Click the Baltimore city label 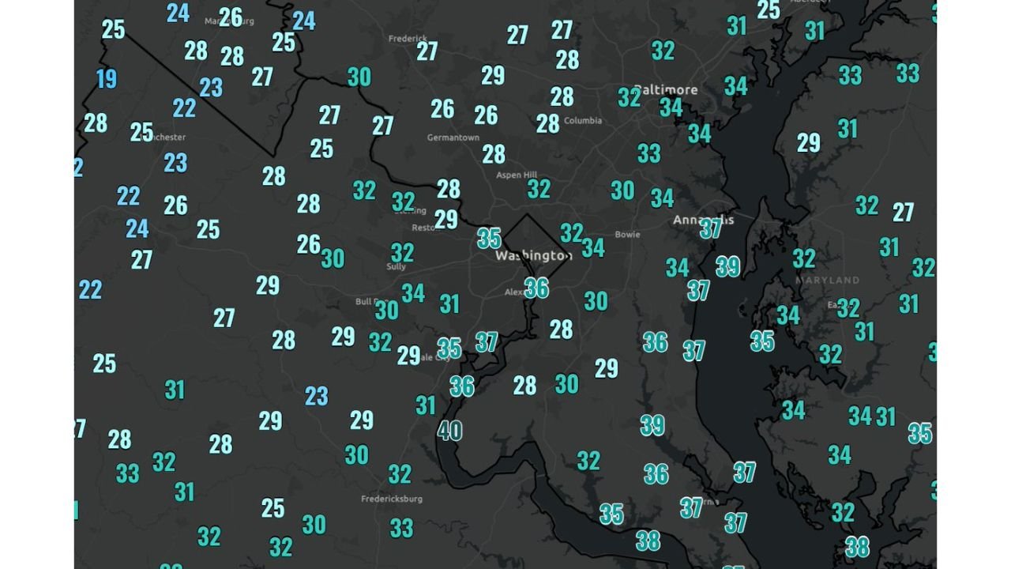(666, 90)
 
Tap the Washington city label (533, 256)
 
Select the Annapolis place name (703, 220)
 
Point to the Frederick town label (408, 38)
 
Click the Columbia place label (583, 121)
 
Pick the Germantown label (453, 138)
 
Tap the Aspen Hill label (517, 175)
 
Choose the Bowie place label (627, 235)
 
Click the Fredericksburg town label (392, 499)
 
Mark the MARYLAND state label (827, 281)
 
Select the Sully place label (396, 267)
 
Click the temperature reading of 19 (107, 79)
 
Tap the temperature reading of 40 (449, 431)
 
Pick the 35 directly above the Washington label (489, 238)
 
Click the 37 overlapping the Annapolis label (710, 228)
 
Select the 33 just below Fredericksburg (401, 527)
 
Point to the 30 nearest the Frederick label (359, 77)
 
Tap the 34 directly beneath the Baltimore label (671, 107)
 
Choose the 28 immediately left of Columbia (547, 123)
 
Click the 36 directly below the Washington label (536, 288)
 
